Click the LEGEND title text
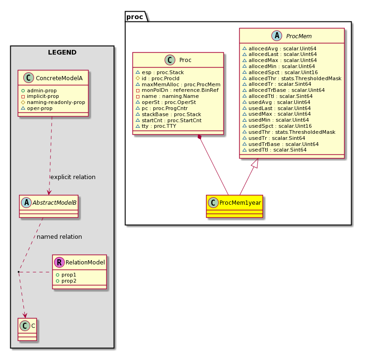[x=62, y=52]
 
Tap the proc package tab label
[x=135, y=17]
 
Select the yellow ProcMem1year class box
[x=235, y=206]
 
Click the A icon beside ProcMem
[x=277, y=36]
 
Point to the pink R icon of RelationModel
[x=59, y=262]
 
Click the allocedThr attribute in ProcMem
[x=292, y=78]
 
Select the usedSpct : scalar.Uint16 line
[x=277, y=126]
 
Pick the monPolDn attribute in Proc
[x=177, y=90]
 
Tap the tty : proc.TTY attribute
[x=156, y=126]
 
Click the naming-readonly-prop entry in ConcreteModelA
[x=53, y=102]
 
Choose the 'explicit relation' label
[x=73, y=177]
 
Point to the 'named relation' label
[x=59, y=236]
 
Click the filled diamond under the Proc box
[x=200, y=137]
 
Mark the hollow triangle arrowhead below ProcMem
[x=255, y=163]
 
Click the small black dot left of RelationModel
[x=19, y=272]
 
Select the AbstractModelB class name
[x=55, y=203]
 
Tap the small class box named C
[x=27, y=329]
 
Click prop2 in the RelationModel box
[x=66, y=281]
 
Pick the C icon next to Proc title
[x=170, y=60]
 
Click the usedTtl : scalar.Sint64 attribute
[x=275, y=150]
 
